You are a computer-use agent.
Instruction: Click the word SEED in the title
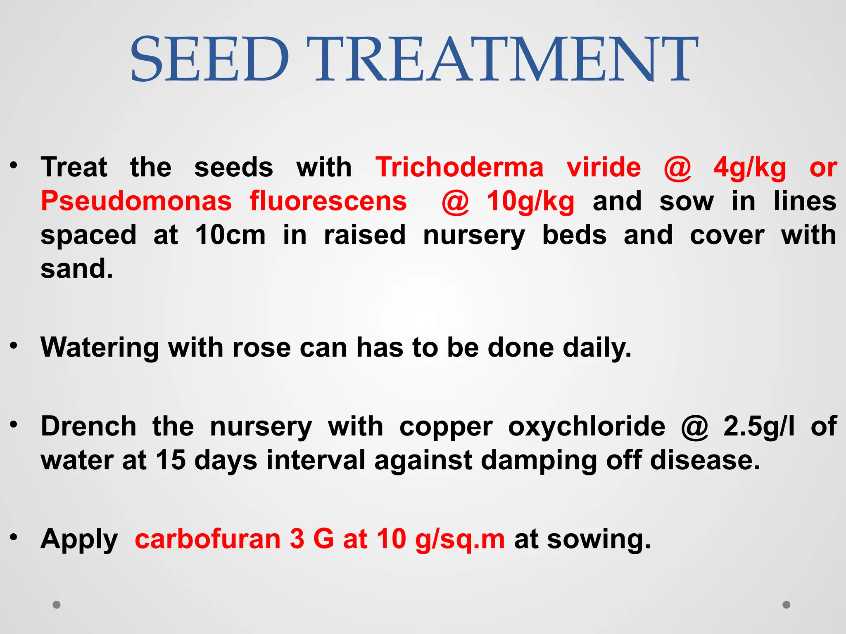(x=210, y=59)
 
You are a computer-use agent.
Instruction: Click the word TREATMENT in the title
(x=506, y=59)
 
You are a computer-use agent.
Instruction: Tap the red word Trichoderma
(x=459, y=167)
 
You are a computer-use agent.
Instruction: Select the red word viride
(x=604, y=167)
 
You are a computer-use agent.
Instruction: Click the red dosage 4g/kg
(x=750, y=168)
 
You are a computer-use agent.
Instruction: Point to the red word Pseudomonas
(x=136, y=201)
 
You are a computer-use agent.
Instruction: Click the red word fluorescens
(x=328, y=201)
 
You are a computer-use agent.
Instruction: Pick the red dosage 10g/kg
(x=530, y=202)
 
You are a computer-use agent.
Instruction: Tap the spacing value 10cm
(x=230, y=235)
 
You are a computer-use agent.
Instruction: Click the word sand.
(x=76, y=269)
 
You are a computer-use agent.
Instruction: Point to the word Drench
(x=88, y=426)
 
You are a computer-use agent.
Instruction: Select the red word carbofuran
(x=208, y=539)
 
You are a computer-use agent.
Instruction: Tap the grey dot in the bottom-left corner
(x=57, y=605)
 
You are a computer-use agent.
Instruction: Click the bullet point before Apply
(x=14, y=537)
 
